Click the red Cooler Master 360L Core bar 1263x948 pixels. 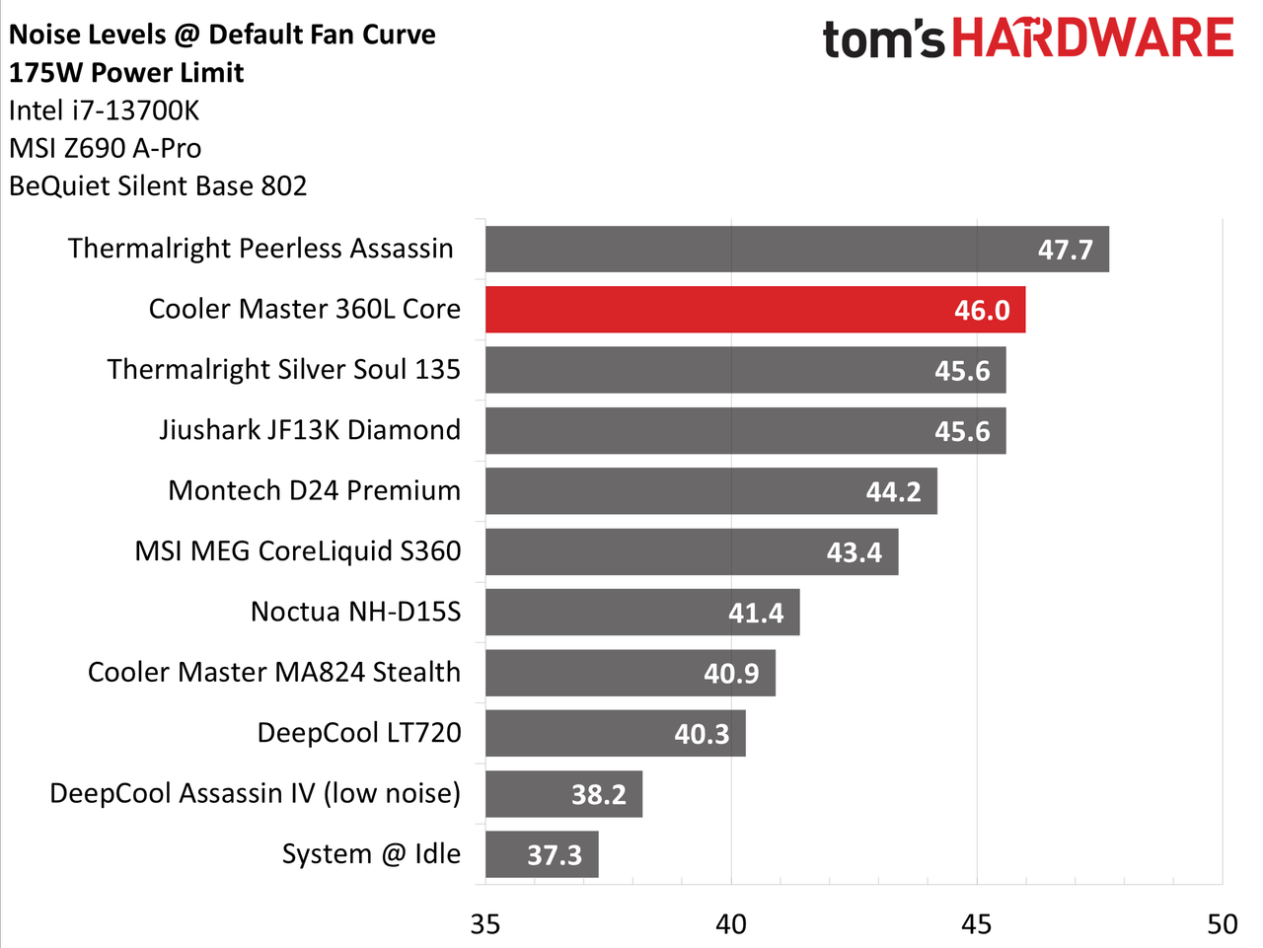[x=755, y=310]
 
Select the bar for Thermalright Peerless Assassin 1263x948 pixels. [x=797, y=249]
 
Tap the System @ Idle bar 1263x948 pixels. [x=542, y=854]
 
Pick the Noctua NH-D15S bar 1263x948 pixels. [x=642, y=612]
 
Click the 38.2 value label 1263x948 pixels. [x=598, y=795]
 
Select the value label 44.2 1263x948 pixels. [x=894, y=492]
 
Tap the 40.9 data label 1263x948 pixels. [x=731, y=674]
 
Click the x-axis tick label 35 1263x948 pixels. [x=485, y=925]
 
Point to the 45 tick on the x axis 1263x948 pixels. [x=977, y=925]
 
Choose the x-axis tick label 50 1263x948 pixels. [x=1223, y=925]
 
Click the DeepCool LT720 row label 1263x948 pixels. [x=359, y=733]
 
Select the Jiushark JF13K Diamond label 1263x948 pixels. [x=310, y=430]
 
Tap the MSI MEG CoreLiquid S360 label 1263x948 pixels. [x=298, y=551]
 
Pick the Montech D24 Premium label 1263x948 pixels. [x=315, y=490]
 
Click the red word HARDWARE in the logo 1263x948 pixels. [x=1092, y=37]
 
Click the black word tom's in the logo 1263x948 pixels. [x=883, y=39]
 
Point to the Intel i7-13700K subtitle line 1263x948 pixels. [x=105, y=110]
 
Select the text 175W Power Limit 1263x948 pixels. [x=126, y=73]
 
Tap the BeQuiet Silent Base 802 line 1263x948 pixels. [x=158, y=186]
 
